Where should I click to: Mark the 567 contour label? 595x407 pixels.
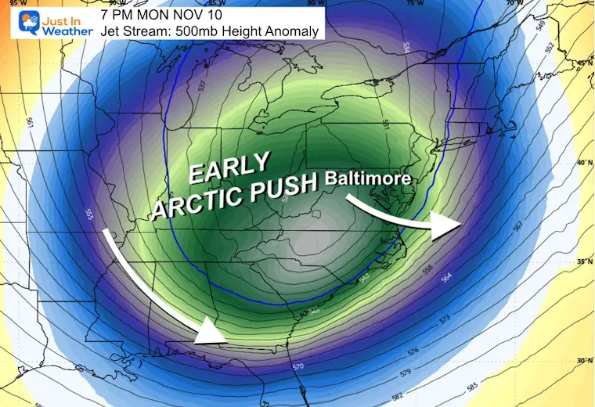[516, 226]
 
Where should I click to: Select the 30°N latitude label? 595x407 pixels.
[582, 361]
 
